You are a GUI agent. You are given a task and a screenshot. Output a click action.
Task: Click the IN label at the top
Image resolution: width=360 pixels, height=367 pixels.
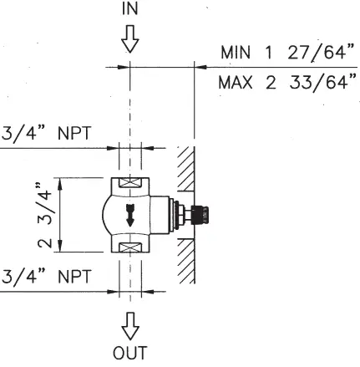[x=131, y=11]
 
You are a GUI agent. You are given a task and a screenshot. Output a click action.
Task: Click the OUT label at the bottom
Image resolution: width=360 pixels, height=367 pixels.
[x=130, y=352]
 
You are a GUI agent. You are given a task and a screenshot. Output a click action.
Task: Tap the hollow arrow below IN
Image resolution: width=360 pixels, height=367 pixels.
[x=131, y=38]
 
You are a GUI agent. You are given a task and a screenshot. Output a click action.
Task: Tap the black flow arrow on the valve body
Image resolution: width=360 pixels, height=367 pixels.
[x=131, y=212]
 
